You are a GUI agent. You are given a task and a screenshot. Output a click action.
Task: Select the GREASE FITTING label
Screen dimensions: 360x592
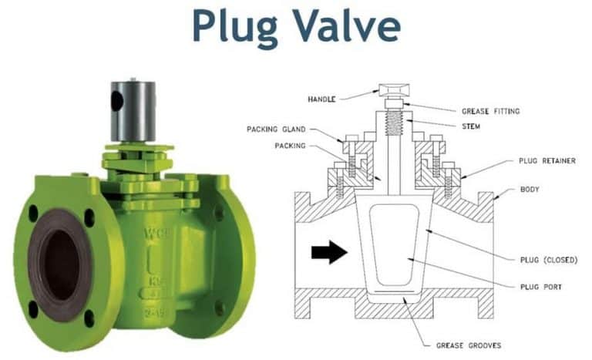(x=490, y=111)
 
